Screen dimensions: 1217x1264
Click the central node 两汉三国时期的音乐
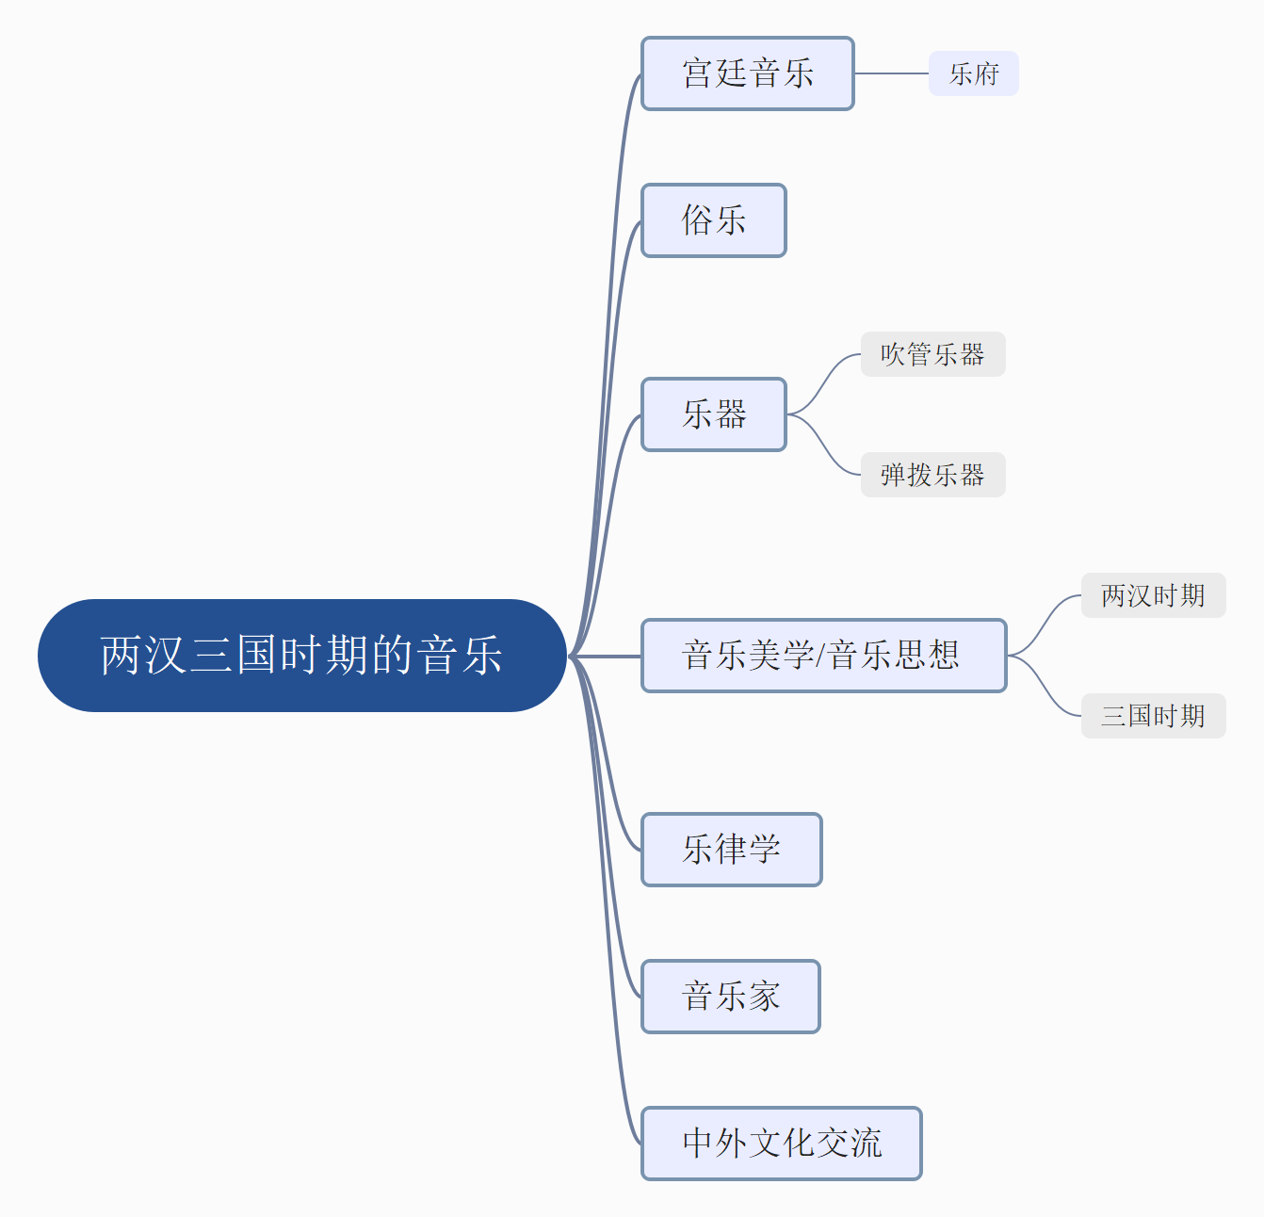pyautogui.click(x=301, y=656)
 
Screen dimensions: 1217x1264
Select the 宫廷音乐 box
pyautogui.click(x=747, y=73)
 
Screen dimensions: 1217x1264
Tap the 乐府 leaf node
pyautogui.click(x=974, y=73)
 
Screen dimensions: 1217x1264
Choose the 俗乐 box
pyautogui.click(x=713, y=220)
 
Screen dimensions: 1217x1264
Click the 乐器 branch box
pyautogui.click(x=713, y=414)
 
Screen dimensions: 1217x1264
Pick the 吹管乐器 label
pyautogui.click(x=932, y=354)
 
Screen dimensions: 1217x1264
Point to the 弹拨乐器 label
pyautogui.click(x=932, y=475)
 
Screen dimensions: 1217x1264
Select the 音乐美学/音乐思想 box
pyautogui.click(x=823, y=656)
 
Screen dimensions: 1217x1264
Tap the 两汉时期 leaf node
pyautogui.click(x=1153, y=595)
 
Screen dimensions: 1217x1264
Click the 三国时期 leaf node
pyautogui.click(x=1153, y=716)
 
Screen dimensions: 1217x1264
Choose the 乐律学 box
pyautogui.click(x=731, y=850)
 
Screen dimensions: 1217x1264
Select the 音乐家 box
pyautogui.click(x=730, y=997)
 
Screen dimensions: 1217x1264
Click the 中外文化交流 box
pyautogui.click(x=781, y=1144)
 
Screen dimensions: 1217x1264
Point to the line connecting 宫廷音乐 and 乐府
pyautogui.click(x=891, y=73)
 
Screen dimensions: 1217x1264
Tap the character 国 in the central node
pyautogui.click(x=256, y=655)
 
